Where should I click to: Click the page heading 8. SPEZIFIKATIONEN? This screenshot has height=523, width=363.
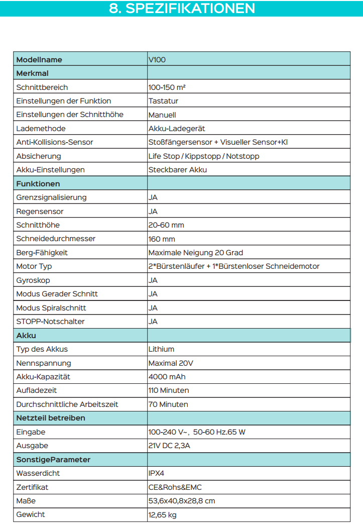tap(182, 9)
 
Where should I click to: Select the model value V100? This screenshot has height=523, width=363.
tap(157, 59)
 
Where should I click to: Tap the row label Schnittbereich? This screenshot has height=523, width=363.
tap(42, 87)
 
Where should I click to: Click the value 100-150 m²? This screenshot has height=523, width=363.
tap(167, 87)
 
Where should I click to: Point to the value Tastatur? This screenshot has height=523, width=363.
tap(164, 101)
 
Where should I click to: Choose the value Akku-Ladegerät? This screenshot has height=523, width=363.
tap(177, 129)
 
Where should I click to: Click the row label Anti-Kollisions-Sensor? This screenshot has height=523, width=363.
tap(55, 142)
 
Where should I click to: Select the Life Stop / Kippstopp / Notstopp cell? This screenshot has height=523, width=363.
tap(204, 156)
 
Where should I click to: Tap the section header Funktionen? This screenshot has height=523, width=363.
tap(38, 184)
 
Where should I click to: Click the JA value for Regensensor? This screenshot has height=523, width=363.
tap(153, 212)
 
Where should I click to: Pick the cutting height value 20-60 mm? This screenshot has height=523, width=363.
tap(166, 225)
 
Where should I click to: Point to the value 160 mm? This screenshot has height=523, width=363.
tap(162, 239)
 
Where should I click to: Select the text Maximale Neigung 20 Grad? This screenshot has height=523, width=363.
tap(196, 253)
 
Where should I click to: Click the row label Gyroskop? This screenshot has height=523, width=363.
tap(33, 280)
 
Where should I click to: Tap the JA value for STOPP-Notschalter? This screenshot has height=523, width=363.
tap(153, 322)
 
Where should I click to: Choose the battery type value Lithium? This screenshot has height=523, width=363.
tap(161, 349)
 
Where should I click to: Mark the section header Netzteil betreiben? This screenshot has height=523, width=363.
tap(51, 418)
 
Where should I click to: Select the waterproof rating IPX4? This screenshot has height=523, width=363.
tap(157, 473)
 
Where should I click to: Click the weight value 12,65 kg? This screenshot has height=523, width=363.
tap(162, 514)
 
